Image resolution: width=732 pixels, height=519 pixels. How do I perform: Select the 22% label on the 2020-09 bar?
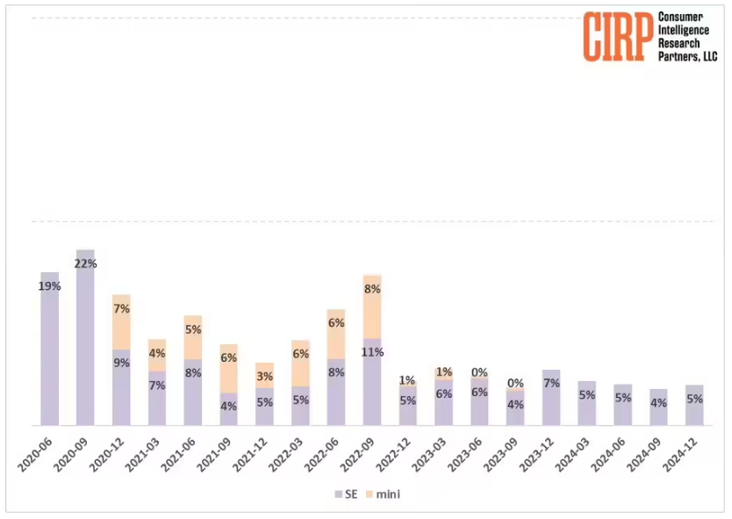point(85,264)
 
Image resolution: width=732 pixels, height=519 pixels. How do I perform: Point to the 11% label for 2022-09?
point(372,352)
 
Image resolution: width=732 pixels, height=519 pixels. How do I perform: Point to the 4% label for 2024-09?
point(658,403)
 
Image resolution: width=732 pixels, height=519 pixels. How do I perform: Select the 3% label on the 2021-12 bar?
point(264,377)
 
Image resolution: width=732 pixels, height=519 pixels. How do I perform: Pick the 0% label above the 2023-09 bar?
point(515,383)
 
